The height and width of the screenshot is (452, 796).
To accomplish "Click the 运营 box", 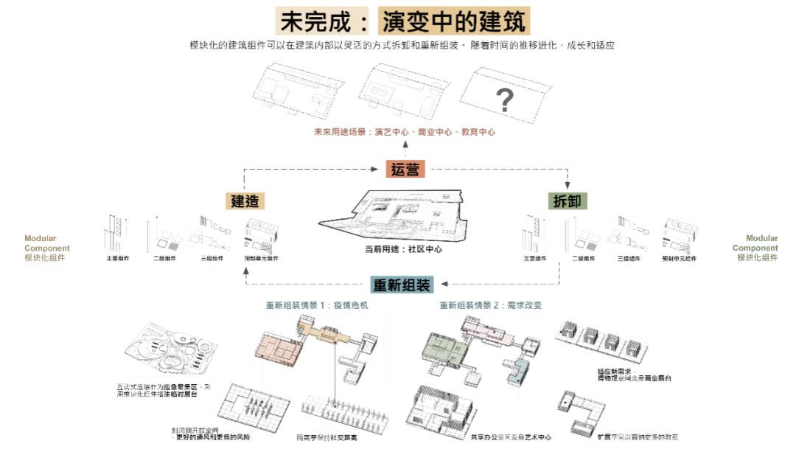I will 405,169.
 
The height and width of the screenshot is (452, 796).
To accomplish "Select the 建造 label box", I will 245,201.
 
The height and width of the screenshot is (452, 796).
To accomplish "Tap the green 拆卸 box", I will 567,201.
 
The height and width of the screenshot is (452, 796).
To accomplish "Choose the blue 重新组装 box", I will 402,284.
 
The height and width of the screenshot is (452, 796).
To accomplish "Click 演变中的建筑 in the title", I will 453,21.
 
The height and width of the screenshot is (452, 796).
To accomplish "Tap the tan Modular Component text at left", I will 47,248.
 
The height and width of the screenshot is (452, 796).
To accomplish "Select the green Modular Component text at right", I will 755,248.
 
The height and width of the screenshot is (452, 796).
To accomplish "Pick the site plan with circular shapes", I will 170,349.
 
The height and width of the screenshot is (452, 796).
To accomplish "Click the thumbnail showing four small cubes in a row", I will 601,342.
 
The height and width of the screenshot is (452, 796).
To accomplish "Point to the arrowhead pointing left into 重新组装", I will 445,284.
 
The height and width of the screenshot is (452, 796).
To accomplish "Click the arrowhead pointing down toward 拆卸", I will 567,187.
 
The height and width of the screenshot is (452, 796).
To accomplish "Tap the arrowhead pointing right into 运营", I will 376,169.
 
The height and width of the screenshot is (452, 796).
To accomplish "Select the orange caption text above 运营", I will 405,133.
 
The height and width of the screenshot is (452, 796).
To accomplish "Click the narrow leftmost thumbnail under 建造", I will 115,234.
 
